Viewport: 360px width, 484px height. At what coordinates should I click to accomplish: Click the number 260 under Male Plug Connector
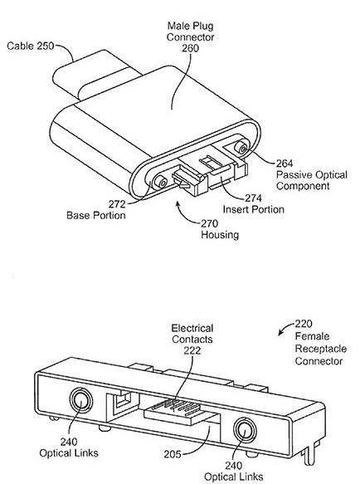pos(190,48)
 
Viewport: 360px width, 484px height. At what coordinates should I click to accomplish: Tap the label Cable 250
pos(30,46)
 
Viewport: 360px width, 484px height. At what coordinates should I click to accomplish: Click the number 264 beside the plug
pos(285,163)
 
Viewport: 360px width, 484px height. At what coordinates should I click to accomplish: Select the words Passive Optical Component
pos(312,180)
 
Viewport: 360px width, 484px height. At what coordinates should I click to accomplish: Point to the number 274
pos(253,198)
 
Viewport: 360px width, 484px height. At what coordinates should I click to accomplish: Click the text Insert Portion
pos(253,209)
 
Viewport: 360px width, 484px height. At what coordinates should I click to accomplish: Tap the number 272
pos(117,204)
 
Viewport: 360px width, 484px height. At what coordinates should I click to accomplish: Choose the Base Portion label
pos(96,215)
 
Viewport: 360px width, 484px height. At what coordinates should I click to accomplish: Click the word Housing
pos(220,235)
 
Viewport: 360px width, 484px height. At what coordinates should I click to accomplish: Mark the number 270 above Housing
pos(210,223)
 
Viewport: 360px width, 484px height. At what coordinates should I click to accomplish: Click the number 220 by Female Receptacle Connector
pos(304,324)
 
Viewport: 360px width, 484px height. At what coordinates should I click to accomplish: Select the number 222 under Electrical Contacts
pos(192,350)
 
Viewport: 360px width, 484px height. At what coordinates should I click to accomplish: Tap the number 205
pos(173,454)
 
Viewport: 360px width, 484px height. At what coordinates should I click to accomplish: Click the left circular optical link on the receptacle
pos(80,401)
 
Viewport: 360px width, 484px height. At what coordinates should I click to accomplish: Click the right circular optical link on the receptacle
pos(246,430)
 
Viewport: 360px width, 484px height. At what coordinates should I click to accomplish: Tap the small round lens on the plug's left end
pos(161,182)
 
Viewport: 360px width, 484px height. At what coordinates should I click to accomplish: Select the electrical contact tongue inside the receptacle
pos(182,412)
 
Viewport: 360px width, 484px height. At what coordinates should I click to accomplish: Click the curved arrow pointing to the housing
pos(184,216)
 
